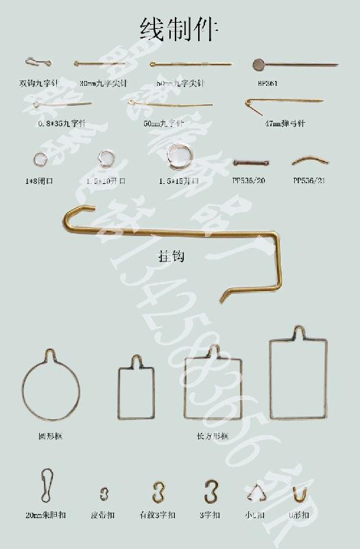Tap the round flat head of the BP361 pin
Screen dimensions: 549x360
tap(259, 65)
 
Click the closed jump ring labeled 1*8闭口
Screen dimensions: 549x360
tap(38, 161)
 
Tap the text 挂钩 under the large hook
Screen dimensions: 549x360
tap(172, 257)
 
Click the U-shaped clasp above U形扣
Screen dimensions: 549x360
tap(299, 493)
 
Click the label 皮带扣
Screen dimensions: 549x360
tap(104, 515)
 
